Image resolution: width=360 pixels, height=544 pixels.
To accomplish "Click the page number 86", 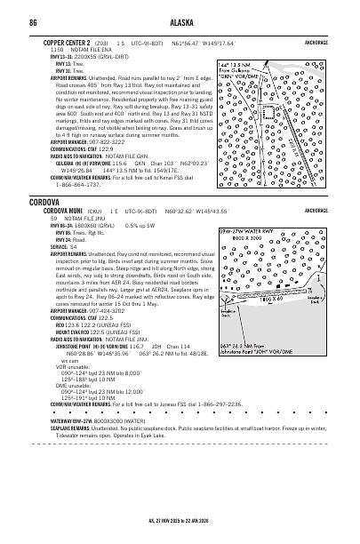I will click(x=32, y=21).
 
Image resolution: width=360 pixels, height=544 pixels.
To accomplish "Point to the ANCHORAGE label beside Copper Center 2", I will click(x=315, y=42).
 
